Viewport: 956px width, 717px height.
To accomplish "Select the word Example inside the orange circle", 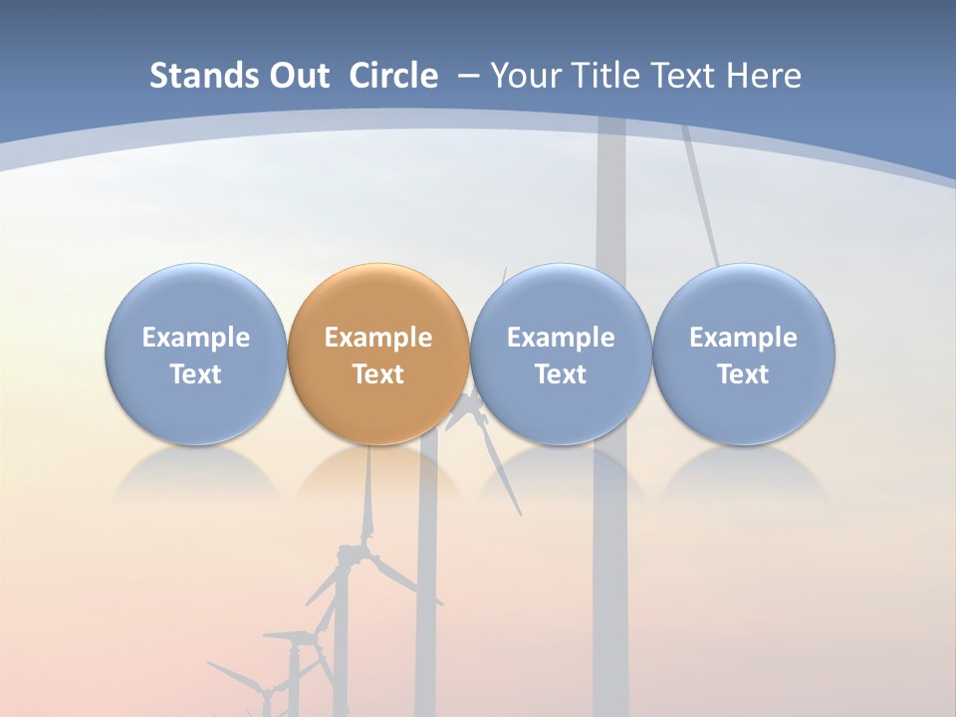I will click(378, 338).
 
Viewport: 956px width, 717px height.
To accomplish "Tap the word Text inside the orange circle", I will click(378, 374).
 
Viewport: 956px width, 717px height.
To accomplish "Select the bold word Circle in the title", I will click(393, 76).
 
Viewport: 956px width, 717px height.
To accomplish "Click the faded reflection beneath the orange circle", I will click(378, 473).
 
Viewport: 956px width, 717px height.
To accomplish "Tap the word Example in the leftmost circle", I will click(195, 338).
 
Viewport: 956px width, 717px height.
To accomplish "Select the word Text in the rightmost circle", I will click(743, 374).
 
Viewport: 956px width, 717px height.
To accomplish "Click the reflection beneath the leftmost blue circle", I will click(195, 473).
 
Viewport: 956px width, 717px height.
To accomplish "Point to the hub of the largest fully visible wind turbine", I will click(352, 554).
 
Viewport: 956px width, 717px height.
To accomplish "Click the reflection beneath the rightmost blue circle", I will click(743, 473).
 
